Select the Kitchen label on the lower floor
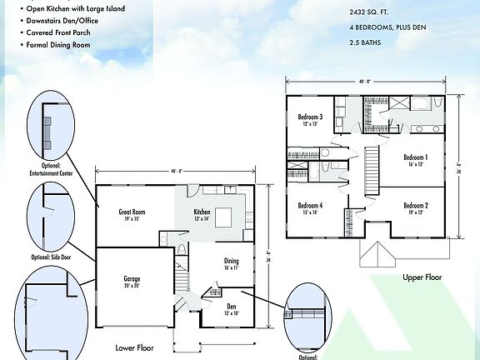coord(202,214)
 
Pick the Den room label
coord(231,308)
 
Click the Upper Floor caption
coord(422,277)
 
